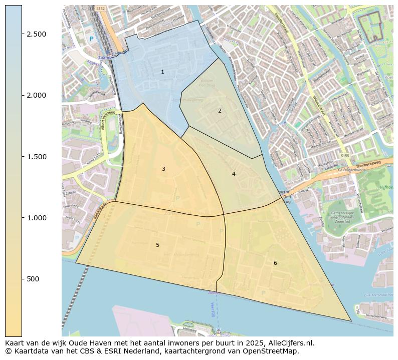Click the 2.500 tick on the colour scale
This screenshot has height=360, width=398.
(36, 34)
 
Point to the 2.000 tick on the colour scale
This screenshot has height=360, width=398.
(36, 95)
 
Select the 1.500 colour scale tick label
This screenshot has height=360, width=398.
(36, 157)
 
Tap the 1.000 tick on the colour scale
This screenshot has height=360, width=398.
(36, 218)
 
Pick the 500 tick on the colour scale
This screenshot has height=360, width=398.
(33, 279)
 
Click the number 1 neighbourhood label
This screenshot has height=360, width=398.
(162, 72)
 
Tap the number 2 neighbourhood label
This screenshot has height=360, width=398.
(220, 111)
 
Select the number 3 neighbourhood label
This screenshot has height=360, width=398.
(163, 169)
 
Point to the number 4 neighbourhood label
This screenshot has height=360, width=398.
(234, 174)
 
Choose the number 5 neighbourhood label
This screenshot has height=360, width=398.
(157, 245)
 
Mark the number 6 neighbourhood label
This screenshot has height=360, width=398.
(275, 263)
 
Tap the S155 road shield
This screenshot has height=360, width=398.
(344, 157)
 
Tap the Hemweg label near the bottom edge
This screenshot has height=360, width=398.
(190, 329)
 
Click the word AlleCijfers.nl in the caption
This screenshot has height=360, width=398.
(292, 343)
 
